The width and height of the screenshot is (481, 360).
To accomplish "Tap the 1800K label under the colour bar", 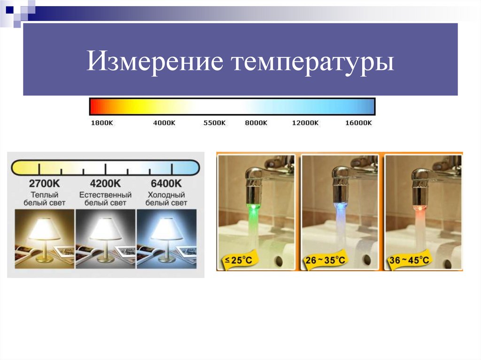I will point(101,123).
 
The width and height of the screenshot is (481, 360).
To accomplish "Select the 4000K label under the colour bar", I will point(164,123).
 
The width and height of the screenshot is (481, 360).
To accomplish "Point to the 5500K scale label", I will point(215,123).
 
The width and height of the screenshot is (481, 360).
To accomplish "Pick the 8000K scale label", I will point(256,123).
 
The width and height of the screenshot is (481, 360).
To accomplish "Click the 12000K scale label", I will point(305,123).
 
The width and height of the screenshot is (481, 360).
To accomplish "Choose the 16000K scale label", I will point(358,123).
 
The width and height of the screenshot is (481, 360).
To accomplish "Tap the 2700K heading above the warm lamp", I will point(44,183).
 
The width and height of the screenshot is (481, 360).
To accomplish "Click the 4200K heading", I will point(106,183).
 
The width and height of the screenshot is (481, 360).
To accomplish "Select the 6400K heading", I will point(166,183).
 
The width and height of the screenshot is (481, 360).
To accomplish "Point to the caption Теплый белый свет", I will point(45,199).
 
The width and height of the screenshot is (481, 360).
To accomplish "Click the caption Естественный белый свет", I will point(106,199).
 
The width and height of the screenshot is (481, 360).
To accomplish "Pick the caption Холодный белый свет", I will point(166,199).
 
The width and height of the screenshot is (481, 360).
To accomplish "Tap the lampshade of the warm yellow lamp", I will point(44,229).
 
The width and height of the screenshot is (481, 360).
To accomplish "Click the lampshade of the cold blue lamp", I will point(166,229).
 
